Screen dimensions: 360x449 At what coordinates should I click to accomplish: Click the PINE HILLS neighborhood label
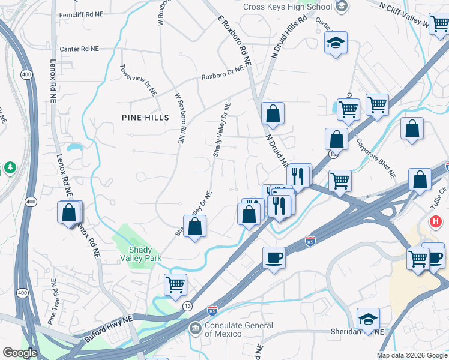pyautogui.click(x=145, y=117)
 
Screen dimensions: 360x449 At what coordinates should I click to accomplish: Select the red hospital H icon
pyautogui.click(x=436, y=222)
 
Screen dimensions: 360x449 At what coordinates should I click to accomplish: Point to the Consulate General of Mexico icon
pyautogui.click(x=195, y=328)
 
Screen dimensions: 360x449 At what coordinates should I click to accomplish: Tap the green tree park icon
pyautogui.click(x=10, y=167)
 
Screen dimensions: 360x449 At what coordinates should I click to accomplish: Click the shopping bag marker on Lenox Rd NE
pyautogui.click(x=70, y=212)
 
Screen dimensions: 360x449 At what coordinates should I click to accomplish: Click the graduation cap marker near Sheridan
pyautogui.click(x=368, y=318)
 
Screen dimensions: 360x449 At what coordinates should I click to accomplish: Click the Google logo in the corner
pyautogui.click(x=20, y=353)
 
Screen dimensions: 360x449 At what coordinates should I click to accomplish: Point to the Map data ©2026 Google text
pyautogui.click(x=411, y=355)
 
